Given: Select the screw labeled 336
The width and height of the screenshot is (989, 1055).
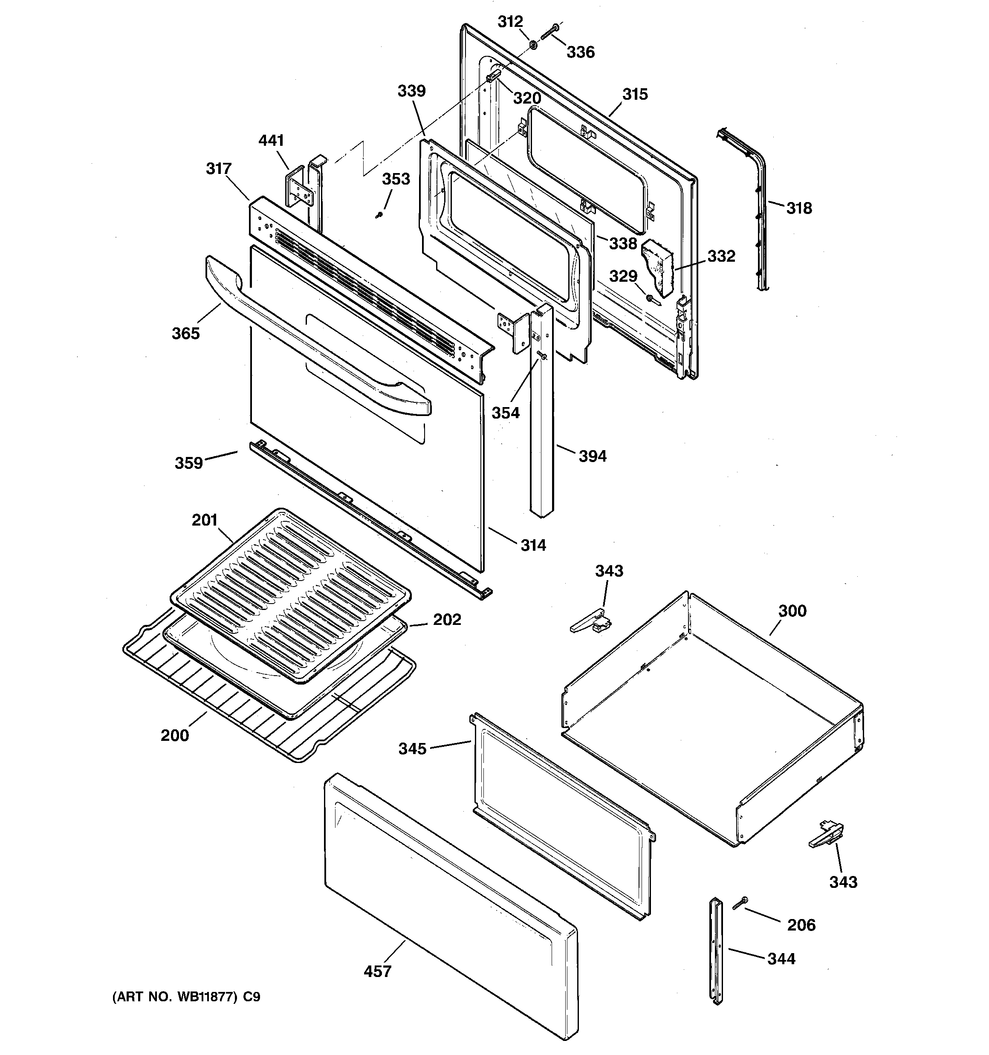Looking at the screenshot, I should coord(548,32).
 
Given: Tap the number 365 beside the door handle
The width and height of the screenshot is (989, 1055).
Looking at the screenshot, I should coord(185,334).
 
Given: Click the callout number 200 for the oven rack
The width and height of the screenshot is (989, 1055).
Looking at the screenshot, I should coord(175,736).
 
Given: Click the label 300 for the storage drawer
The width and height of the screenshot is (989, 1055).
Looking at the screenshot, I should coord(792,611).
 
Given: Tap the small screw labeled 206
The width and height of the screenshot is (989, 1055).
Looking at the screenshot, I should coord(740,903).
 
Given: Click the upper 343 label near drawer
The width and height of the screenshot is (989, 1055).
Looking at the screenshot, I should coord(609,571).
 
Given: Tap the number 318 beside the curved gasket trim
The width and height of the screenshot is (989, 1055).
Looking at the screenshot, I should coord(799,208).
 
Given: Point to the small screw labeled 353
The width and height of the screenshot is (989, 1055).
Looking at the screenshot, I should coord(379,215).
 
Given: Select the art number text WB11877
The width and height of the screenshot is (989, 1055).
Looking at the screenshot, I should coord(208,997).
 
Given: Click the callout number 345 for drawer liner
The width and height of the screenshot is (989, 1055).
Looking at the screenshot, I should coord(413,749).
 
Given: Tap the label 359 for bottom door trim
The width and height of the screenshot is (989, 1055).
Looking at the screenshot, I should coord(189,463).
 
